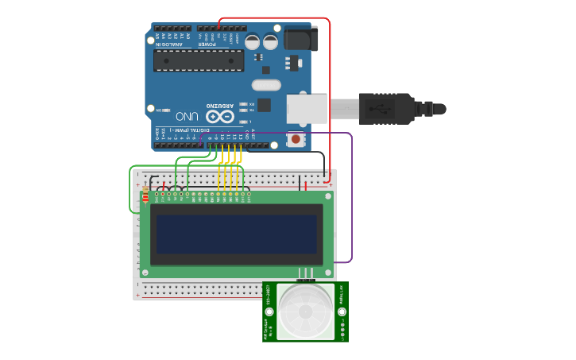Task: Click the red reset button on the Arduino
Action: pyautogui.click(x=296, y=140)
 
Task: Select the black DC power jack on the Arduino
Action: pyautogui.click(x=301, y=39)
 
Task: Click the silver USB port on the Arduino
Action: pyautogui.click(x=307, y=108)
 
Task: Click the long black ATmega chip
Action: pyautogui.click(x=199, y=60)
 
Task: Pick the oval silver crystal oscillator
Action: pyautogui.click(x=266, y=84)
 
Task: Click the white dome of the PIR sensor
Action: pyautogui.click(x=306, y=311)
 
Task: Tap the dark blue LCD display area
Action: pyautogui.click(x=236, y=234)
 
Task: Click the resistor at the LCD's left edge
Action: pyautogui.click(x=145, y=197)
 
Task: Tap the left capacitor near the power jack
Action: pyautogui.click(x=252, y=42)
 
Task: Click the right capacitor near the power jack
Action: pyautogui.click(x=270, y=42)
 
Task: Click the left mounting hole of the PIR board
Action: pyautogui.click(x=269, y=312)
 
